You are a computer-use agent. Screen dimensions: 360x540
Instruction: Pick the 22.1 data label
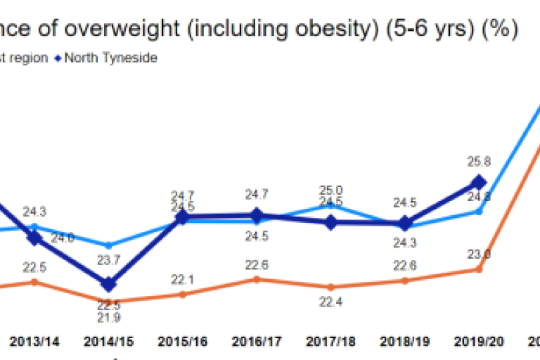tap(181, 281)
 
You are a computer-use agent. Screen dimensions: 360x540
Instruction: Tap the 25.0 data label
tap(330, 190)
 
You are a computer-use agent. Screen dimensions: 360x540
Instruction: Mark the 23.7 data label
tap(108, 259)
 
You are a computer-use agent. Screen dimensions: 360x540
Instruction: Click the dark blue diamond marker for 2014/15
tap(108, 285)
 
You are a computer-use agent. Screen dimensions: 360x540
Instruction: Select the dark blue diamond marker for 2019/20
tap(479, 181)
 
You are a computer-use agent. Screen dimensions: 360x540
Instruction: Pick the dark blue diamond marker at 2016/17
tap(256, 215)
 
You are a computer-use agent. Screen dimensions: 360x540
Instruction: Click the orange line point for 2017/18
tap(330, 287)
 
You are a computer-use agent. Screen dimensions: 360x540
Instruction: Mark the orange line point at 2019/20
tap(479, 269)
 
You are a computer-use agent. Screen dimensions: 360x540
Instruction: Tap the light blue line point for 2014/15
tap(108, 245)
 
